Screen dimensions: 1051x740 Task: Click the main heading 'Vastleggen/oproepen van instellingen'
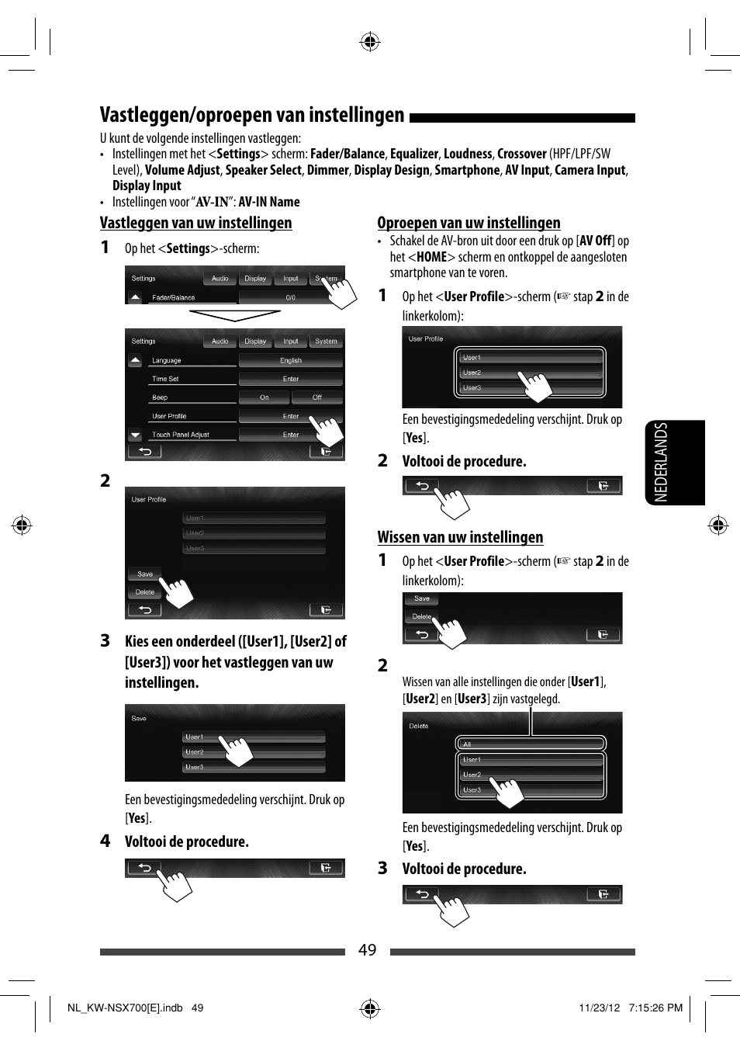click(x=252, y=116)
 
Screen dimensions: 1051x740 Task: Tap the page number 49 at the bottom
click(x=367, y=950)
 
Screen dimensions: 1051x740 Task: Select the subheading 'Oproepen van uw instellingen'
click(x=469, y=224)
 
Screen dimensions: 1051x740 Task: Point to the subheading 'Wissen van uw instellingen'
click(x=460, y=537)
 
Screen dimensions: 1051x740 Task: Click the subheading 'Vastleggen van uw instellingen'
click(x=195, y=224)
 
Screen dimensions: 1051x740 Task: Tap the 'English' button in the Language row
click(x=291, y=360)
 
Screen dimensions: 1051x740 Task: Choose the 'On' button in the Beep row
click(x=264, y=397)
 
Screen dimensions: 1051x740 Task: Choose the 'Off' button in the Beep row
click(x=316, y=397)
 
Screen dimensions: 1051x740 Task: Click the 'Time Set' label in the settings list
click(x=165, y=379)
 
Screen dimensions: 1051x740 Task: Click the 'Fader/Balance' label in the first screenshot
click(x=173, y=297)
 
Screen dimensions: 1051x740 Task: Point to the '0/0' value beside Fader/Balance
click(x=290, y=297)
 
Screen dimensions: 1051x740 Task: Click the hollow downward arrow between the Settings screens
click(x=234, y=315)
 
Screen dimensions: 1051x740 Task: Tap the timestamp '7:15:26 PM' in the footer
click(x=655, y=1008)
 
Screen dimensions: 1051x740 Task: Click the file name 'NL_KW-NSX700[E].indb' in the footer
click(x=125, y=1008)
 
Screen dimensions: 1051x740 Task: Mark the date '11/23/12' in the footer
click(x=599, y=1008)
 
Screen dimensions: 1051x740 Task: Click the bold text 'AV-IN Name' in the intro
click(x=269, y=202)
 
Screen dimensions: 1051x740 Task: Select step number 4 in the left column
click(x=105, y=841)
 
